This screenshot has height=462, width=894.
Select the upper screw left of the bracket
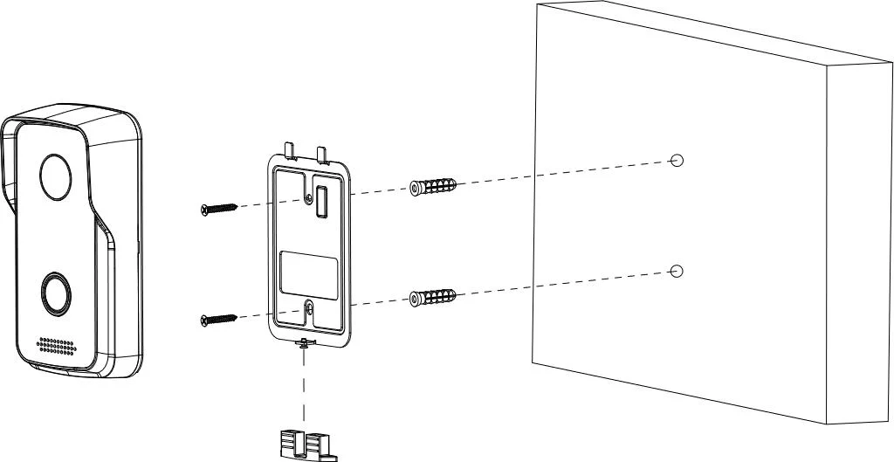[218, 209]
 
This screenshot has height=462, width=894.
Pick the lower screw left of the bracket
[218, 319]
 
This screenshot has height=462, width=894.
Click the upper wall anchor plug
[432, 187]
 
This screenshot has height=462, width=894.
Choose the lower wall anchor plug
[432, 297]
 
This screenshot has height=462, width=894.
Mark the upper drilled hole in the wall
[676, 160]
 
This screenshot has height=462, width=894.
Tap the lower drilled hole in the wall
[676, 271]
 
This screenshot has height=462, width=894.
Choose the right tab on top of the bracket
[325, 154]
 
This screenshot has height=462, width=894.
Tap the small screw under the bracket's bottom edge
[303, 343]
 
